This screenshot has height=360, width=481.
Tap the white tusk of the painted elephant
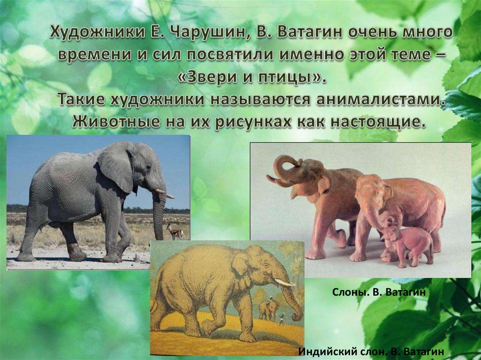(285, 283)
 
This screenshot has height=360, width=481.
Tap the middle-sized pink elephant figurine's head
(371, 190)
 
